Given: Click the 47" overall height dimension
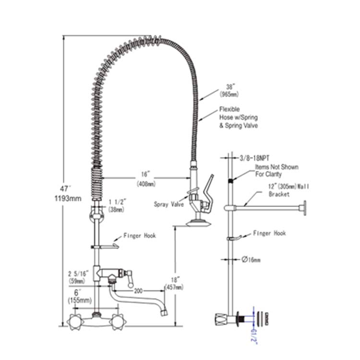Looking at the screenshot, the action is tap(64, 189).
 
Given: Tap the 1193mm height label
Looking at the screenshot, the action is tap(68, 198).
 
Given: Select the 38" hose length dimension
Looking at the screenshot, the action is tap(229, 90).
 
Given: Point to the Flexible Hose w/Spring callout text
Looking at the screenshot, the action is tap(239, 117).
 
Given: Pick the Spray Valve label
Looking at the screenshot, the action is tap(169, 204).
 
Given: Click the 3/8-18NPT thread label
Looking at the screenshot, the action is tap(254, 158).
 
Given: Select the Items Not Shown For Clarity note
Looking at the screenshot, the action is tap(276, 170).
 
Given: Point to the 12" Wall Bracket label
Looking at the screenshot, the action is tap(289, 190).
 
